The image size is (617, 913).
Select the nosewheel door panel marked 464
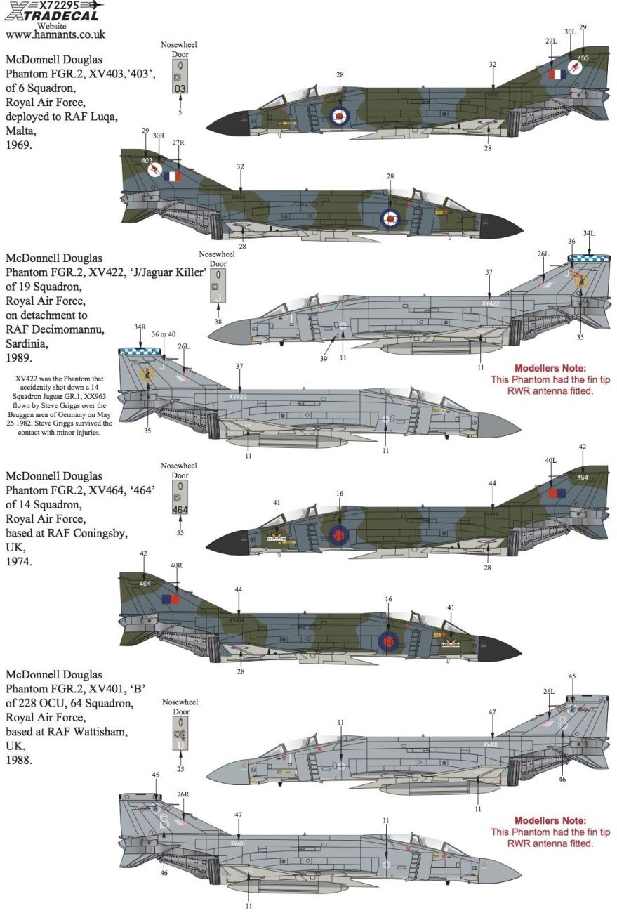(x=180, y=499)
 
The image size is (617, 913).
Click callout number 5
(x=180, y=112)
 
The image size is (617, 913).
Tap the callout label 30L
(x=569, y=32)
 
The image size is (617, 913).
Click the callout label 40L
(x=550, y=461)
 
